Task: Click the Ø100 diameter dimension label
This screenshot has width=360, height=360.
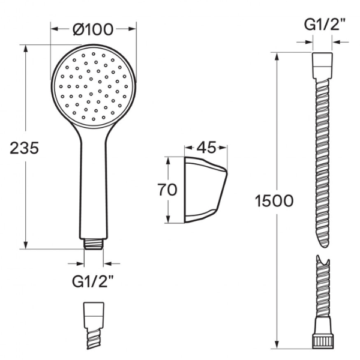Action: pos(93,29)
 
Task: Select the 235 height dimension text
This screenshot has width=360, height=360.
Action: pos(25,148)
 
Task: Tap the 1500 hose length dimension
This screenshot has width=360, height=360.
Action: pos(274,200)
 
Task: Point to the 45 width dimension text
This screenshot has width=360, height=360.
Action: pos(206,148)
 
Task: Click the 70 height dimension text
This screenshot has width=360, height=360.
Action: pos(167,190)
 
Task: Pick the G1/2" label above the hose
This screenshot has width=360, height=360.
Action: pos(325,25)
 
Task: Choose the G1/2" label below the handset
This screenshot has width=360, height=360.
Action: pos(93,281)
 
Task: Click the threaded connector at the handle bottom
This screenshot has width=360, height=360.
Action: pos(94,244)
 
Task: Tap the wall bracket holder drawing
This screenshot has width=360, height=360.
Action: pos(206,190)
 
